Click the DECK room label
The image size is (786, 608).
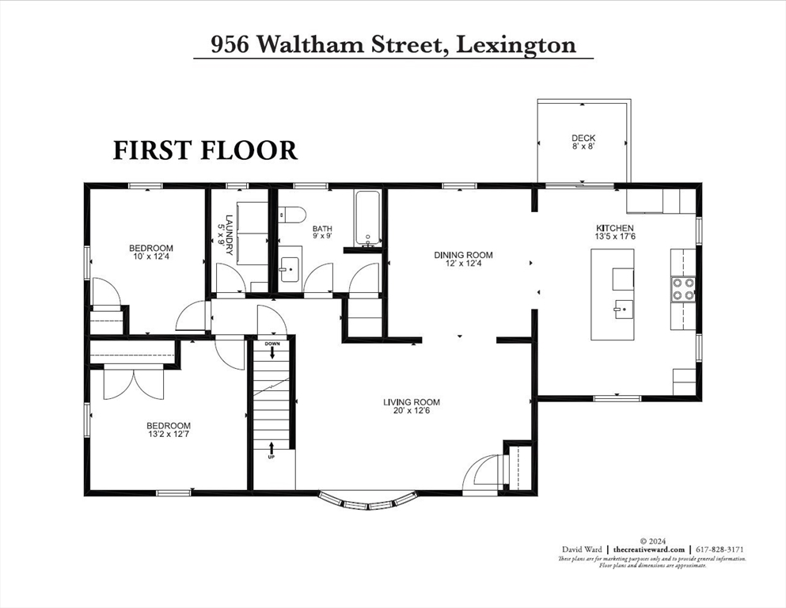(583, 142)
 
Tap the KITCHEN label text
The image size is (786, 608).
(614, 232)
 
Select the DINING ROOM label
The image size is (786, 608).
(463, 259)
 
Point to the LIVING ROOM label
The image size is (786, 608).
(412, 406)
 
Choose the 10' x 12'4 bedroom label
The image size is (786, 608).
(150, 253)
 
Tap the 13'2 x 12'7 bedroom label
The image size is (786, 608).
(169, 430)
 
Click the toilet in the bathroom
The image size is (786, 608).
(290, 215)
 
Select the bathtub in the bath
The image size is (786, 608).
(366, 218)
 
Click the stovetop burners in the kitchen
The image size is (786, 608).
(684, 289)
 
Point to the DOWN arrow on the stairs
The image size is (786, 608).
(272, 349)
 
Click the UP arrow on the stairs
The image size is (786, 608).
(271, 450)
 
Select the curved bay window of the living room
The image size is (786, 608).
(369, 500)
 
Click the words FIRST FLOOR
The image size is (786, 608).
(205, 150)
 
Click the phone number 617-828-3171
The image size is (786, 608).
(720, 549)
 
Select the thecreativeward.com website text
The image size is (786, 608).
(649, 549)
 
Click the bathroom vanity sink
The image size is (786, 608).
(290, 264)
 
